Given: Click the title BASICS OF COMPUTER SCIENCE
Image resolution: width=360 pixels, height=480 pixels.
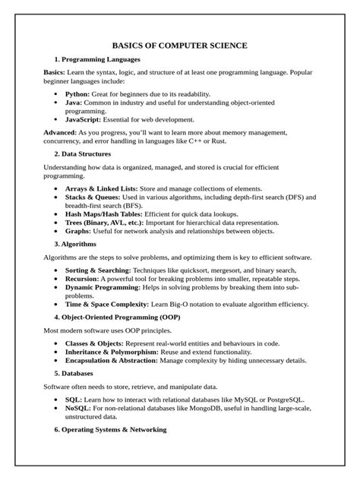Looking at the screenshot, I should click(x=179, y=46).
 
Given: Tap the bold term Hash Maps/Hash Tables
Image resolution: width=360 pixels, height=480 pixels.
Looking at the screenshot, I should click(x=107, y=215).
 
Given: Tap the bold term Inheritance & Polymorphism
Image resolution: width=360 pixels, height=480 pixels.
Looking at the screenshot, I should click(x=112, y=352).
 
